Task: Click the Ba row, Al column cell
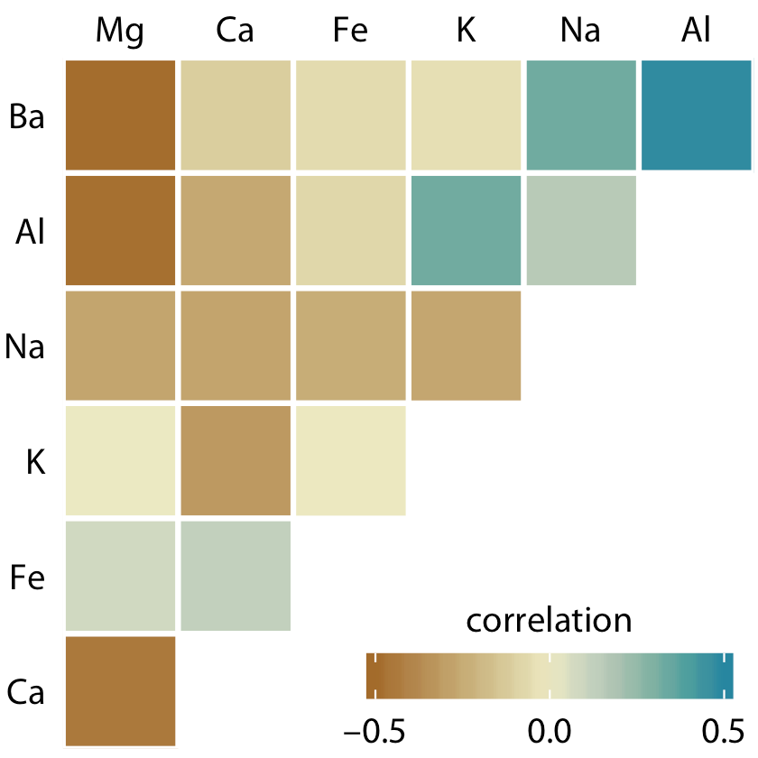pyautogui.click(x=696, y=115)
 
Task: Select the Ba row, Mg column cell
pyautogui.click(x=120, y=115)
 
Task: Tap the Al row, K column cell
pyautogui.click(x=466, y=229)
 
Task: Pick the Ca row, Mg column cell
pyautogui.click(x=120, y=690)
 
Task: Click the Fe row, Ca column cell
pyautogui.click(x=236, y=575)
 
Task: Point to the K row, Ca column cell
pyautogui.click(x=236, y=460)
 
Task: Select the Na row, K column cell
pyautogui.click(x=466, y=345)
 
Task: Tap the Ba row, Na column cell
pyautogui.click(x=581, y=115)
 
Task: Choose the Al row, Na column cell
pyautogui.click(x=581, y=229)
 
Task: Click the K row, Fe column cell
pyautogui.click(x=350, y=460)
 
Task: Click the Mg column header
pyautogui.click(x=120, y=31)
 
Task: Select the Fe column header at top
pyautogui.click(x=350, y=31)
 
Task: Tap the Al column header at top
pyautogui.click(x=696, y=31)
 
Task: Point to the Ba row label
pyautogui.click(x=26, y=116)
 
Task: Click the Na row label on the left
pyautogui.click(x=25, y=347)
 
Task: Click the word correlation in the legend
pyautogui.click(x=549, y=621)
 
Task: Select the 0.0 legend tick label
pyautogui.click(x=550, y=728)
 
